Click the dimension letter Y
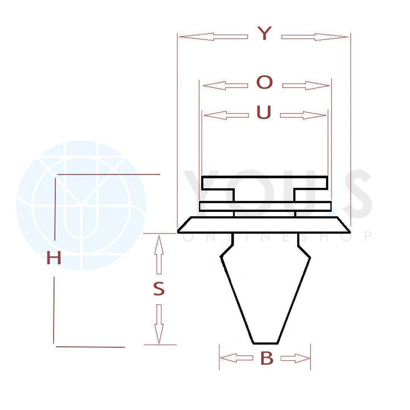click(265, 33)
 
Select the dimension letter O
click(265, 82)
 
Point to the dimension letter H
click(54, 258)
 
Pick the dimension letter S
click(159, 290)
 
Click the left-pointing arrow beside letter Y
click(214, 37)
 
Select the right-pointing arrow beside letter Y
click(315, 37)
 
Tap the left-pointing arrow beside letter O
click(225, 86)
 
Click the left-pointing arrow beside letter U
click(226, 115)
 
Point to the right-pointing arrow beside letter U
click(303, 115)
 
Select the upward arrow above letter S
click(159, 255)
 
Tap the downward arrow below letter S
click(159, 324)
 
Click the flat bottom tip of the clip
click(265, 343)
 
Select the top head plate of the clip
click(265, 183)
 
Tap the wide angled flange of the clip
click(264, 225)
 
